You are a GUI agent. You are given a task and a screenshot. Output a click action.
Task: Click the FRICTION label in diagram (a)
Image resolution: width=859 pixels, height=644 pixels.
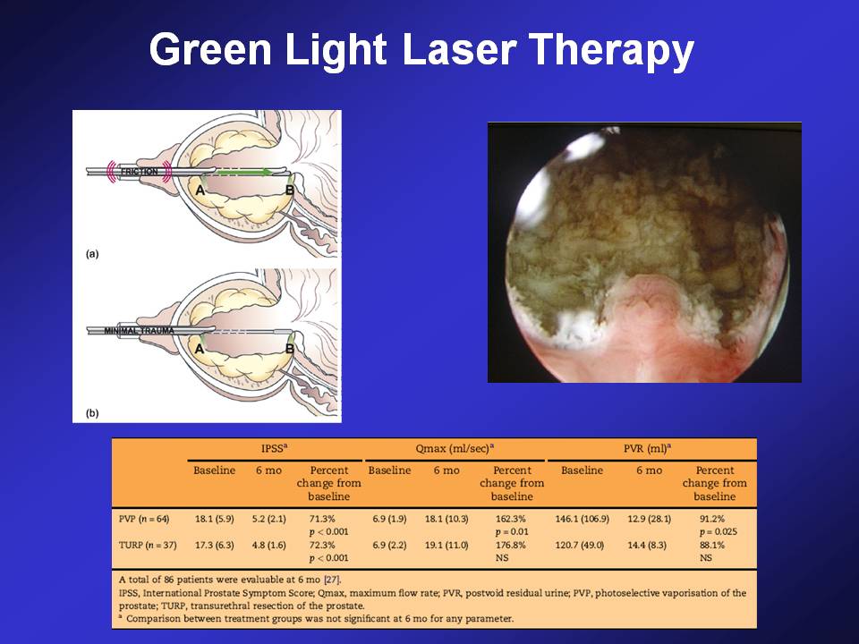click(x=140, y=172)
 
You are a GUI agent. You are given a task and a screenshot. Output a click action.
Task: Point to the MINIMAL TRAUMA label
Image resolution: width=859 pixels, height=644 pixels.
click(x=140, y=331)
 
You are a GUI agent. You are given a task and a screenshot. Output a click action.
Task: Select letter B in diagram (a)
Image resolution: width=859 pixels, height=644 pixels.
click(x=290, y=190)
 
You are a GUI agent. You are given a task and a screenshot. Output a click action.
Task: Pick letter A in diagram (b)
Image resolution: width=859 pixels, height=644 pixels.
click(x=200, y=348)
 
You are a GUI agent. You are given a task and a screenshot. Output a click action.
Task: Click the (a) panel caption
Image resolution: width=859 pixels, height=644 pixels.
click(x=92, y=253)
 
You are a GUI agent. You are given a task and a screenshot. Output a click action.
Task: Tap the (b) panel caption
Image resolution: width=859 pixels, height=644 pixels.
click(x=92, y=412)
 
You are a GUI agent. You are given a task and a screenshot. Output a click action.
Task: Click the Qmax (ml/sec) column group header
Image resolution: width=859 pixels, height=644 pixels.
click(x=455, y=448)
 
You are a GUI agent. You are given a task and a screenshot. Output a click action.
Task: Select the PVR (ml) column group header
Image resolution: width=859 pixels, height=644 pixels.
click(x=648, y=448)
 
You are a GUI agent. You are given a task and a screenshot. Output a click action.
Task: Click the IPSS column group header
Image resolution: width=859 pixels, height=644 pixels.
click(x=275, y=448)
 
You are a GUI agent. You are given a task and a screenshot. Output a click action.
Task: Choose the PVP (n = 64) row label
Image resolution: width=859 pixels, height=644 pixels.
click(x=144, y=519)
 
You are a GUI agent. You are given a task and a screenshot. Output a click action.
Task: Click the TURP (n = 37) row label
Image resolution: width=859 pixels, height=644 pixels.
click(x=145, y=545)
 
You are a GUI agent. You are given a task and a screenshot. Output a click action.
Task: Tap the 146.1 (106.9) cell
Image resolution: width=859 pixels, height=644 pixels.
click(x=582, y=519)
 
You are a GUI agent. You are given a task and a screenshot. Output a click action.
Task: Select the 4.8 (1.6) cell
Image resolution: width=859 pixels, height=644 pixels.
click(x=269, y=545)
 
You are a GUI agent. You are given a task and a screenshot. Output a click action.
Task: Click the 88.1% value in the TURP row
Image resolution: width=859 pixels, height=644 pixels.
click(x=712, y=545)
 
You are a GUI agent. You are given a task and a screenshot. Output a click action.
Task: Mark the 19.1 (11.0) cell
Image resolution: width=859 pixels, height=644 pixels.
click(x=447, y=545)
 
